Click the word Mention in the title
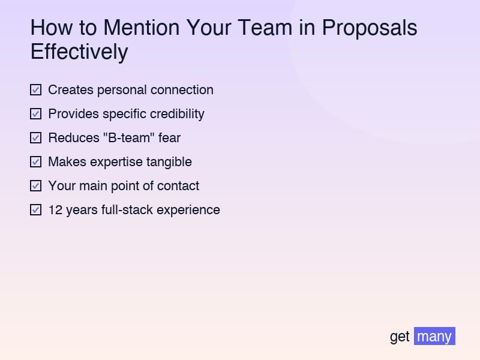point(140,28)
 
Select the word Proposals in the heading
point(369,28)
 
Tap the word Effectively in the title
point(79,52)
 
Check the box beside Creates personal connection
point(35,90)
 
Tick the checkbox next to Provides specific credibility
point(35,114)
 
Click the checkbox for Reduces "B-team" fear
point(35,138)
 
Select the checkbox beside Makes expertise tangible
point(35,162)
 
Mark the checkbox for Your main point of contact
point(35,186)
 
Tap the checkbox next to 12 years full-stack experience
point(35,210)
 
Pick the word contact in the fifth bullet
point(178,186)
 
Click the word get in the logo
point(400,337)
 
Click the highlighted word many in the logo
point(434,336)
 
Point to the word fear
point(169,138)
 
